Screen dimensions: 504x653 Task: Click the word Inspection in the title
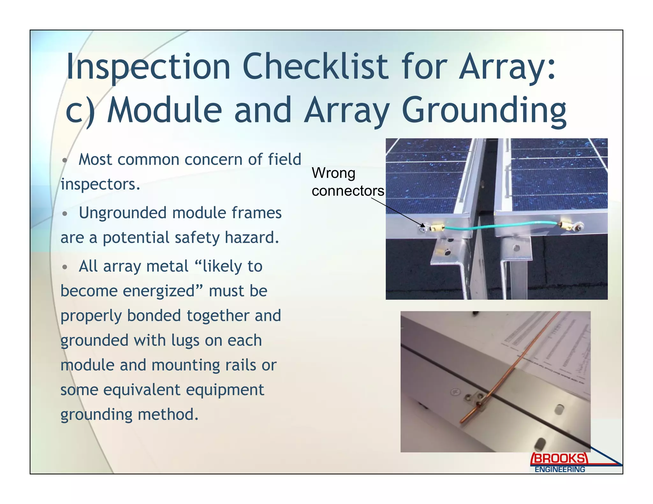(148, 67)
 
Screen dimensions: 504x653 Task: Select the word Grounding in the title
(484, 110)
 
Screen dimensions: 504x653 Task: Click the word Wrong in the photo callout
(333, 173)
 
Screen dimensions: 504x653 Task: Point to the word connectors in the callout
(348, 191)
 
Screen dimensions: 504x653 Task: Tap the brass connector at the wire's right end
(566, 225)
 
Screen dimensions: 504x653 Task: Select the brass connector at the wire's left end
(436, 228)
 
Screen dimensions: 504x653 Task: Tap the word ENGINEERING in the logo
(560, 469)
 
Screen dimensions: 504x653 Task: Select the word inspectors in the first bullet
(100, 184)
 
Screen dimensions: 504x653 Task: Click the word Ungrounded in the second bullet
(122, 212)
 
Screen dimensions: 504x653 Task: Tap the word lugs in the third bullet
(185, 340)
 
